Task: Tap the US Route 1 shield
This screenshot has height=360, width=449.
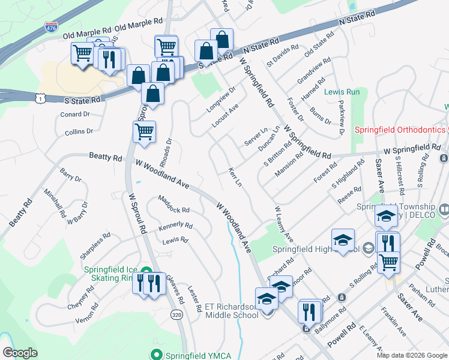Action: point(40,97)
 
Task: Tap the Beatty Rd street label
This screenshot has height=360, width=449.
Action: point(105,156)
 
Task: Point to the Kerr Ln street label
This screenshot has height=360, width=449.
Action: point(235,176)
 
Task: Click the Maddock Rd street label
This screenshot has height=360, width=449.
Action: point(174,205)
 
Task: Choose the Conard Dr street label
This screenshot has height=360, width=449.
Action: point(74,114)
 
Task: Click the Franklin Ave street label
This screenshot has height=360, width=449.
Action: point(394,322)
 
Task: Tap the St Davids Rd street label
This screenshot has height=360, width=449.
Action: point(283,55)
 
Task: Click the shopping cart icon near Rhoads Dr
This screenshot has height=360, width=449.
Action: point(144,131)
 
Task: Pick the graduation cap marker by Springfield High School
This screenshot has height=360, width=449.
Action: point(343,240)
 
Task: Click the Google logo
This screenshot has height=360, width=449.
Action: point(20,353)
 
